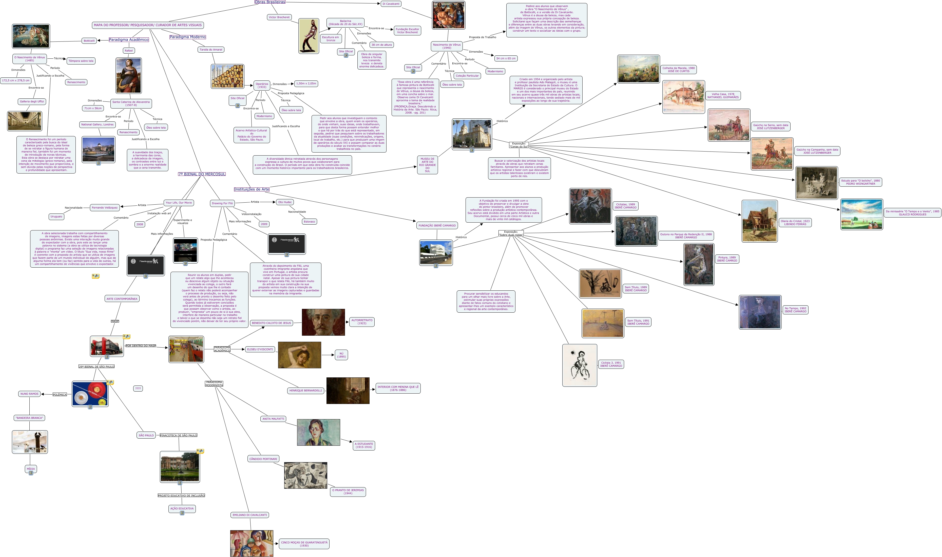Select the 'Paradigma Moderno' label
187,37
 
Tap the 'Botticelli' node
89,40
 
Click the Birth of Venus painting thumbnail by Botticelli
31,36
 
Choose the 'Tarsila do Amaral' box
211,50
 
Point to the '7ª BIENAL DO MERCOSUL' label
202,174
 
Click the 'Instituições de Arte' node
251,189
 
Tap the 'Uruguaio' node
56,217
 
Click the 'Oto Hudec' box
285,202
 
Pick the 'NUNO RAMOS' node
29,394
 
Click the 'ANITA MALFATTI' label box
273,418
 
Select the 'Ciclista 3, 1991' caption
611,364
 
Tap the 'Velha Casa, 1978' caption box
723,96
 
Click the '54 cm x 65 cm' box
506,58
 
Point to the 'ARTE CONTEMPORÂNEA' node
122,299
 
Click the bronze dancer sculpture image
309,36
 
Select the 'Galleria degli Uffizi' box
32,101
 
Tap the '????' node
138,389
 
